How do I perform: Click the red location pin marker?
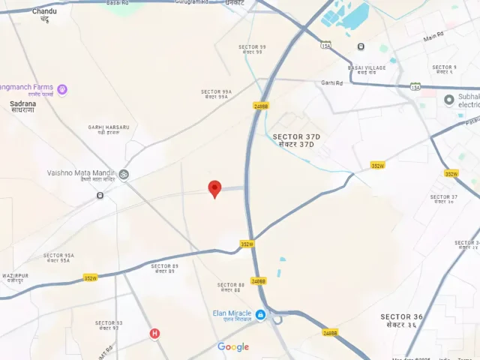(214, 188)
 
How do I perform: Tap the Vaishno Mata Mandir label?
(81, 176)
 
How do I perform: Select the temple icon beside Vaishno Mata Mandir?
(124, 175)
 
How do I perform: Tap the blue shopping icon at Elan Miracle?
(260, 315)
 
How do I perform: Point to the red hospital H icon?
(154, 334)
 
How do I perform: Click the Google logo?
(233, 346)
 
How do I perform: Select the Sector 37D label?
(296, 139)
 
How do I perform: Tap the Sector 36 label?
(401, 320)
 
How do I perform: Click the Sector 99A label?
(216, 94)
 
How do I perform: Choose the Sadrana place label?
(22, 106)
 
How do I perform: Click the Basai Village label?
(366, 69)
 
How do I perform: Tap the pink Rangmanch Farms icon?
(62, 90)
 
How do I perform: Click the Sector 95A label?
(58, 257)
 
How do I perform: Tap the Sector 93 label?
(108, 325)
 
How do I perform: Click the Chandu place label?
(44, 13)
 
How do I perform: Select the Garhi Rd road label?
(331, 82)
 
